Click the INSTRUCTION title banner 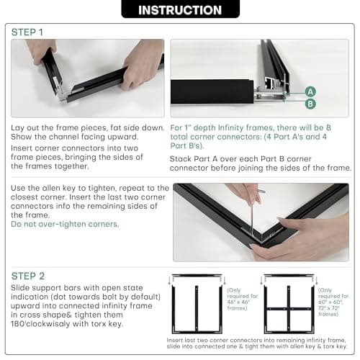tap(180, 9)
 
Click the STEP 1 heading tap(27, 32)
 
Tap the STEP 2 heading tap(28, 276)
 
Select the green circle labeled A tap(310, 92)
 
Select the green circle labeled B tap(310, 104)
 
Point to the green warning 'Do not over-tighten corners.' tap(65, 224)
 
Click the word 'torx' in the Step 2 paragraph tap(99, 324)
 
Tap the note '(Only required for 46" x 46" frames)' tap(242, 299)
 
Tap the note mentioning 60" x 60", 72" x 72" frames tap(333, 302)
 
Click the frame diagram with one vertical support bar tap(197, 304)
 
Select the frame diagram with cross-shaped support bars tap(289, 304)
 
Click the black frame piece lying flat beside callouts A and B tap(212, 91)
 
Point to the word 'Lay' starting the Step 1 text tap(17, 128)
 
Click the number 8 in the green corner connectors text tap(328, 127)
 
